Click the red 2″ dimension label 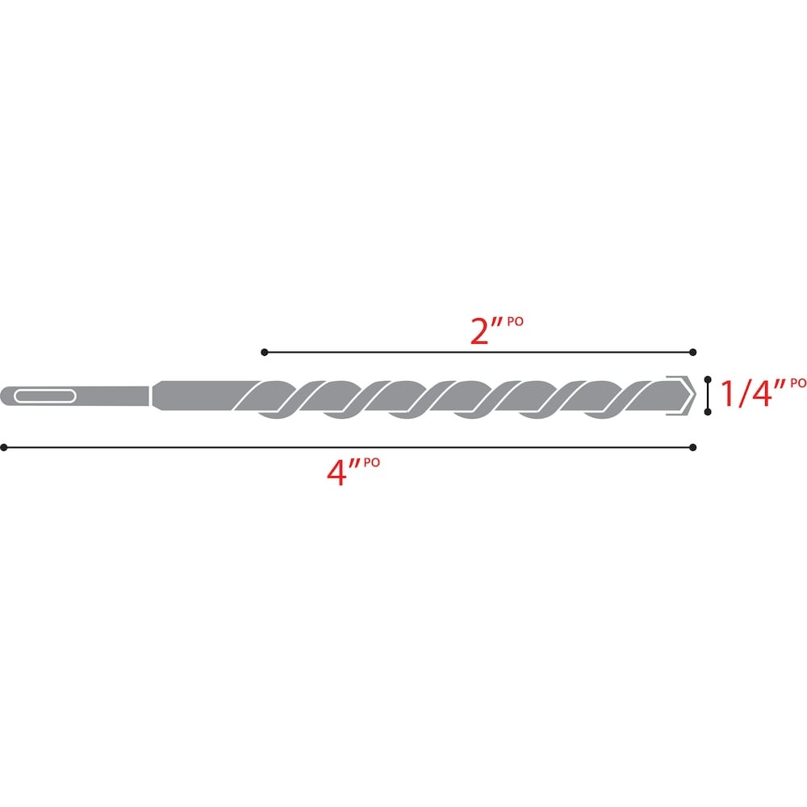coord(487,332)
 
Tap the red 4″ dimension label coord(341,470)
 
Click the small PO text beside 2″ coord(516,321)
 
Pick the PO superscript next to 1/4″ coord(797,383)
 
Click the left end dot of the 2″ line coord(264,352)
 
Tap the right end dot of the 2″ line coord(693,352)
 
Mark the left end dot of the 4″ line coord(4,446)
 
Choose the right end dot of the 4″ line coord(693,446)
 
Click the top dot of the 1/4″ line coord(708,378)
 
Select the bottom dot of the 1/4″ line coord(708,412)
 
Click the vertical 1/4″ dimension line coord(708,395)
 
